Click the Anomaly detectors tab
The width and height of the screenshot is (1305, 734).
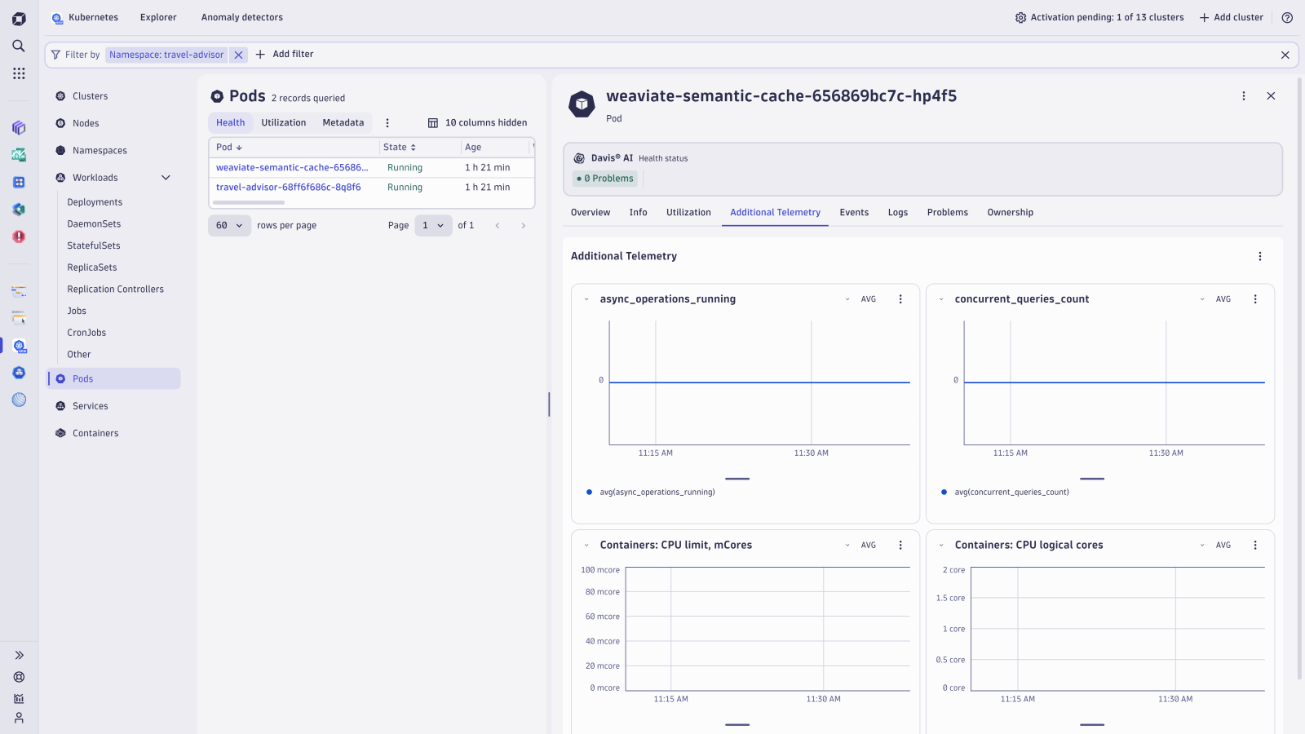click(x=241, y=17)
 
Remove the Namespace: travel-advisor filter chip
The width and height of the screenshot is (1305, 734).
click(x=238, y=55)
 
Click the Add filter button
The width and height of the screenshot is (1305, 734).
click(x=285, y=54)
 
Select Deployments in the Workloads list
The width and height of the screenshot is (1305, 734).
click(x=95, y=202)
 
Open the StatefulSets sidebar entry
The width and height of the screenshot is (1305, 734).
click(x=94, y=245)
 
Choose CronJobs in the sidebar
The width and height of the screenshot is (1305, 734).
click(x=86, y=333)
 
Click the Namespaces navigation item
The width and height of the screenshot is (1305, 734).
click(x=100, y=151)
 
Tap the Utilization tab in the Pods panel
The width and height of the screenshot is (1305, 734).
click(x=283, y=122)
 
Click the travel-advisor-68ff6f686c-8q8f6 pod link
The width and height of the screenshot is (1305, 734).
click(x=288, y=187)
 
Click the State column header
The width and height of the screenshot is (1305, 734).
click(x=395, y=148)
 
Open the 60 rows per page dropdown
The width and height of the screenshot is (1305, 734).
click(x=229, y=225)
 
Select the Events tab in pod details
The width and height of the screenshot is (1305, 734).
click(x=854, y=212)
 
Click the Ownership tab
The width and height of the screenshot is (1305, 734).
click(x=1010, y=212)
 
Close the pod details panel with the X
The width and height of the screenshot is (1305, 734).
click(x=1271, y=96)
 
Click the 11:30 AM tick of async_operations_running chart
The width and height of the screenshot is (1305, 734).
click(x=811, y=453)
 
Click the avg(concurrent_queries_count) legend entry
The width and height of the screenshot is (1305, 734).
click(x=1011, y=492)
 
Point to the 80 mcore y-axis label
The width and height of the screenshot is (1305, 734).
click(x=602, y=592)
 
